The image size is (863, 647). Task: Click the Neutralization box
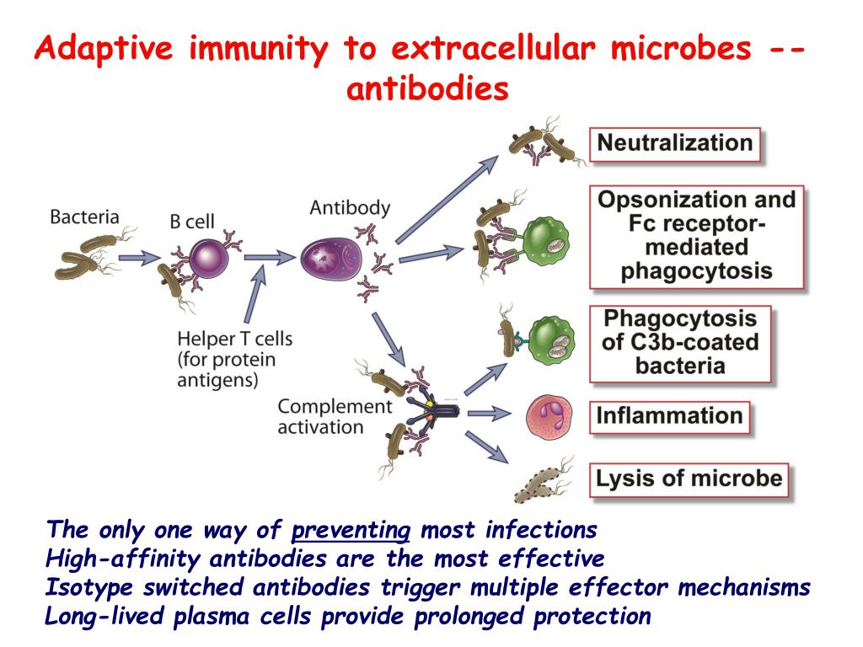[x=675, y=143]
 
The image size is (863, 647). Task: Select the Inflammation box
[x=670, y=416]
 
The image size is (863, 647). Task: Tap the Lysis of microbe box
[x=689, y=479]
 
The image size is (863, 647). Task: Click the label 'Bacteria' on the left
[x=84, y=217]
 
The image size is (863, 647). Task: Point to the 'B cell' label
[x=193, y=223]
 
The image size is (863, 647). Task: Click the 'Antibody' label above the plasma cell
[x=350, y=207]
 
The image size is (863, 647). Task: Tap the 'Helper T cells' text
[x=235, y=340]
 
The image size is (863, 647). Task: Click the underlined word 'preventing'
[x=351, y=530]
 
